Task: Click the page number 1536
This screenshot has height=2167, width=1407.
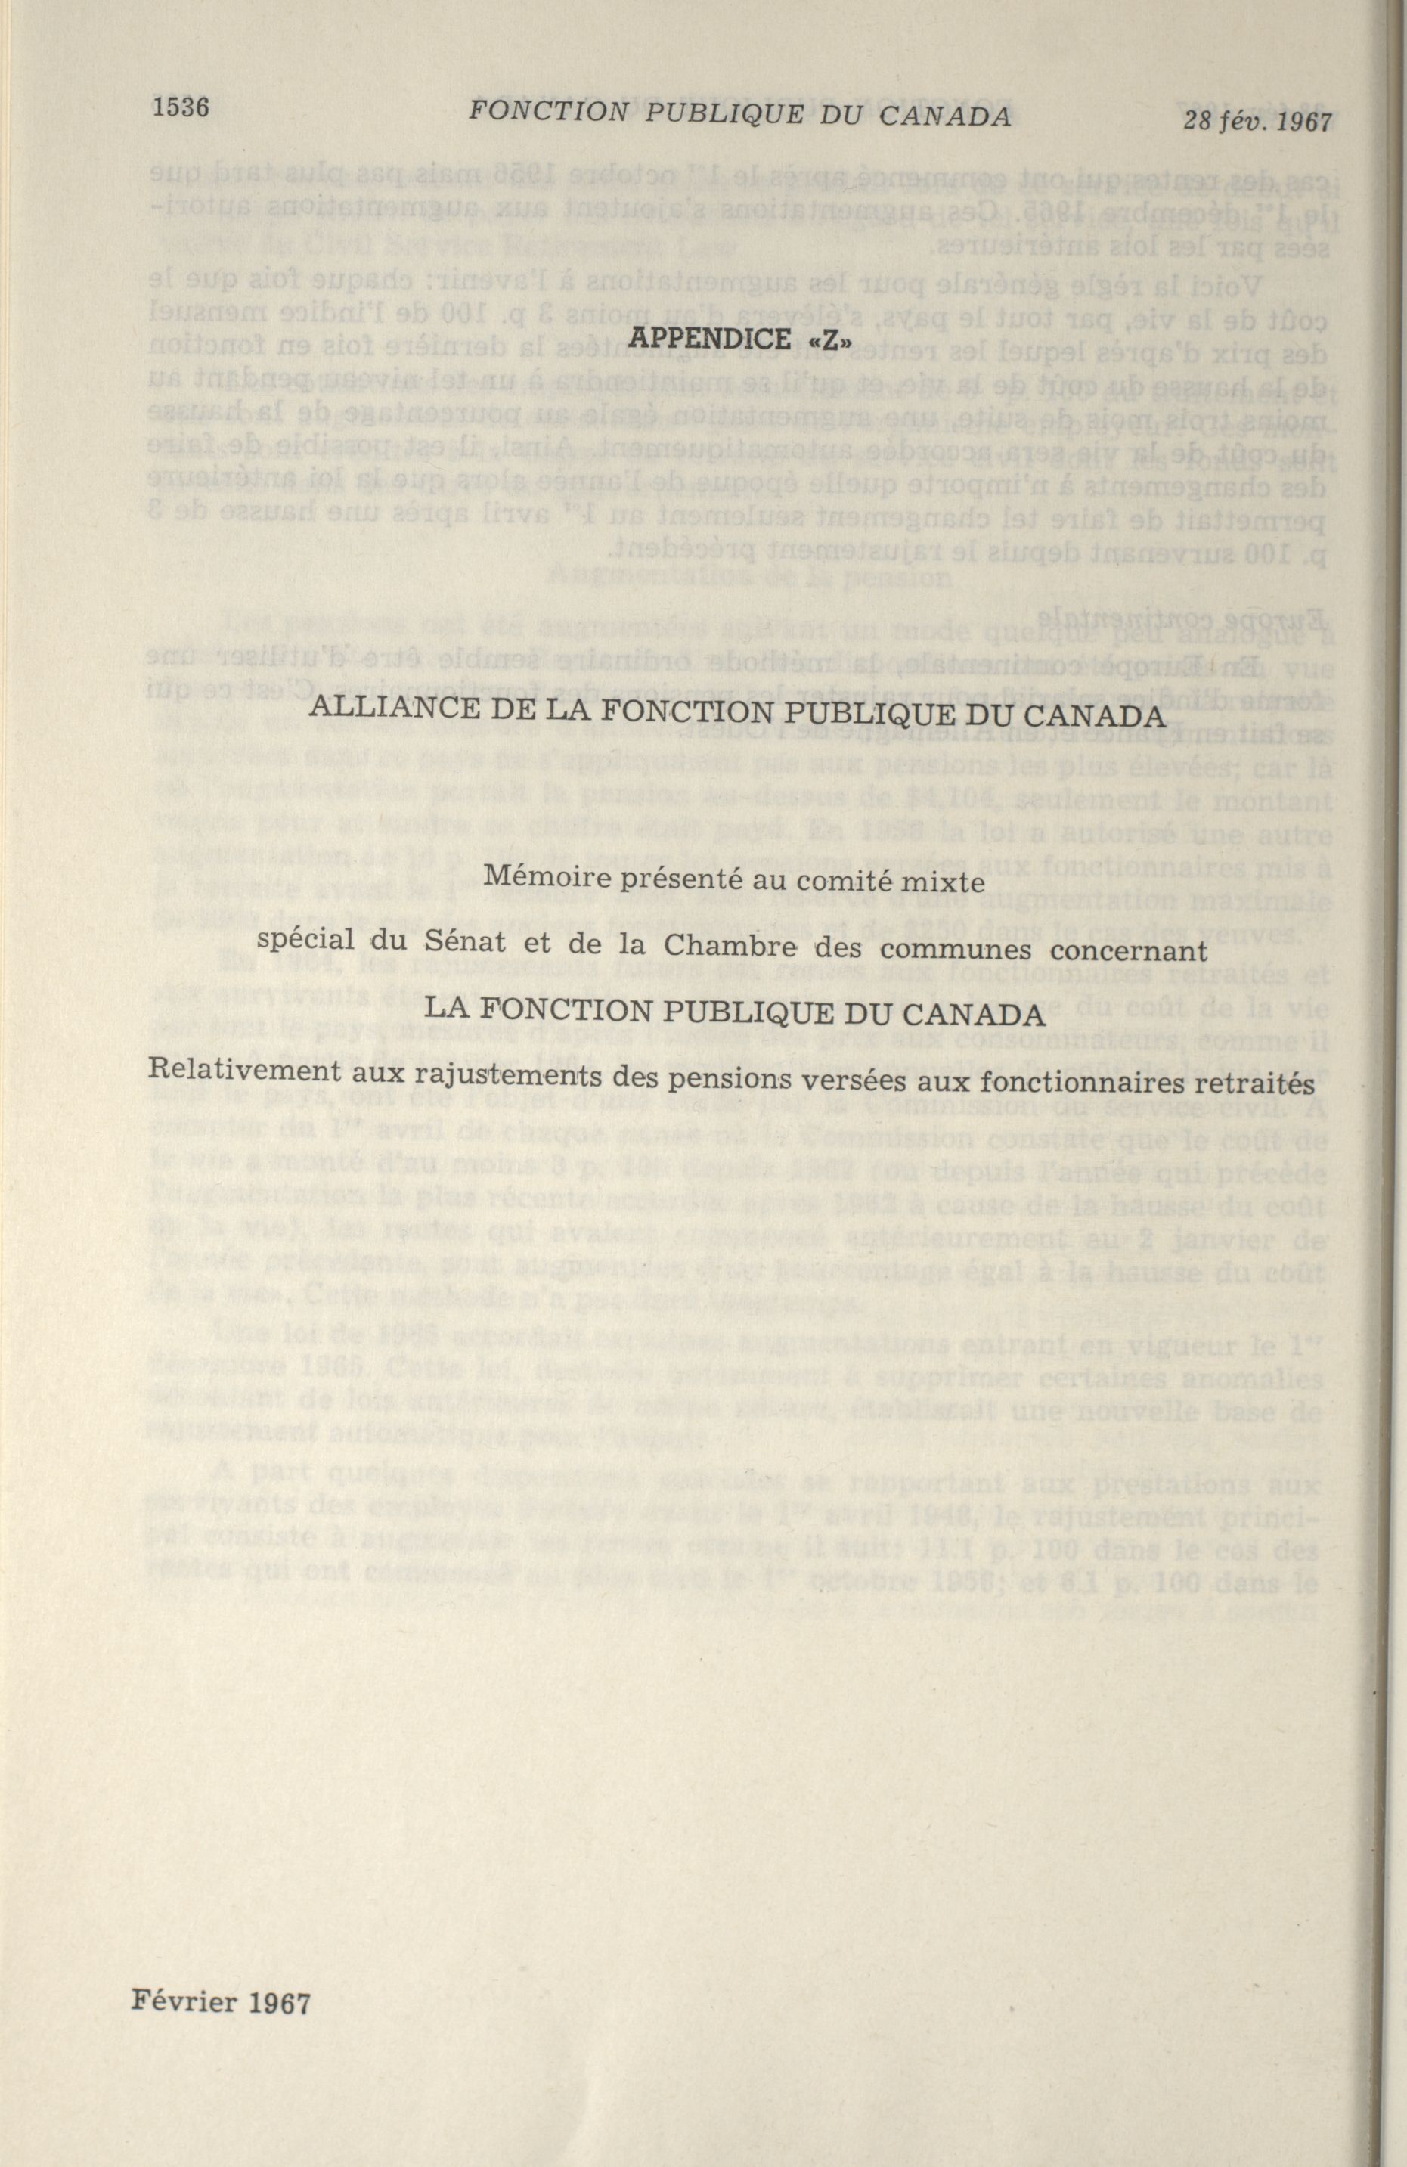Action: [x=181, y=107]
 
